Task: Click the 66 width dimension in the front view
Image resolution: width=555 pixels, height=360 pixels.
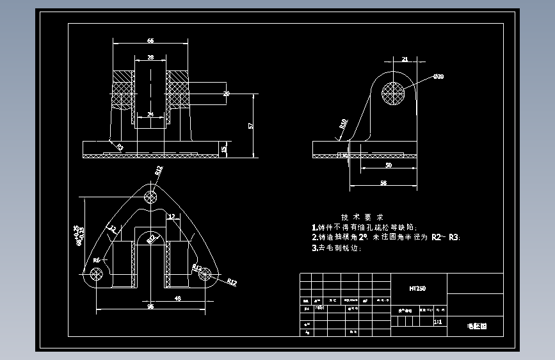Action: tap(150, 40)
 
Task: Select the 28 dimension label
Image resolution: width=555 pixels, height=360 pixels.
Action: tap(150, 58)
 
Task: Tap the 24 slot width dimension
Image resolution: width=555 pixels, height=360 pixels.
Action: tap(150, 115)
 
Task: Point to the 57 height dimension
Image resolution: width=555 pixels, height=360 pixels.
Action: tap(250, 125)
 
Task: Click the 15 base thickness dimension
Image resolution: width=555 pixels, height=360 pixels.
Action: tap(223, 149)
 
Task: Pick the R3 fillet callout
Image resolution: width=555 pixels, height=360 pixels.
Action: tap(120, 147)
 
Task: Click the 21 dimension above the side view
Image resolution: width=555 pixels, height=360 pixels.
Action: tap(405, 60)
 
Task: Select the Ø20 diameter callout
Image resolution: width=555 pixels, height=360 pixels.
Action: tap(438, 77)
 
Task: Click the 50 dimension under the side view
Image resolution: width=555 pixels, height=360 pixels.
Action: tap(388, 165)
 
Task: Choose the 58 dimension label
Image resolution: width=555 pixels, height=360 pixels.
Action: tap(383, 183)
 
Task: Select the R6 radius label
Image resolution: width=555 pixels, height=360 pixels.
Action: tap(97, 260)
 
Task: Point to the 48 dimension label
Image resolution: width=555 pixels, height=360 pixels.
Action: tap(177, 299)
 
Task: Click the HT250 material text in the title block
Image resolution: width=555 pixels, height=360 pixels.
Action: tap(417, 289)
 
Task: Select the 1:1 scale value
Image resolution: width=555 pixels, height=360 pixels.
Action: tap(438, 323)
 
